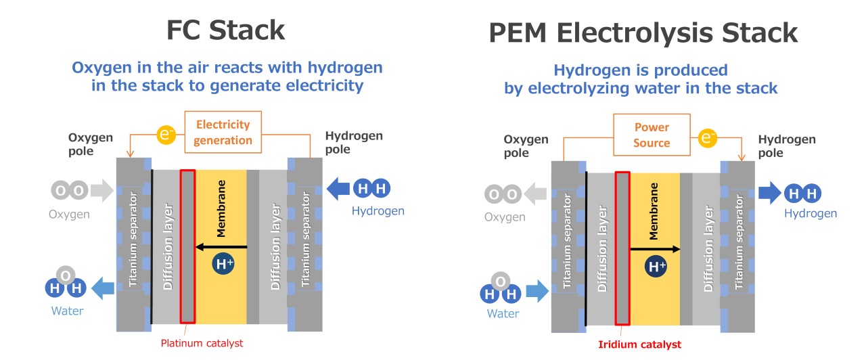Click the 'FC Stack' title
(x=226, y=31)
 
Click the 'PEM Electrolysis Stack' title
(x=643, y=32)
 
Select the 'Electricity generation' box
(x=223, y=132)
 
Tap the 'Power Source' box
(x=652, y=135)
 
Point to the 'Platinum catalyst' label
(x=202, y=343)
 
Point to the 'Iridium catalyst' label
(x=639, y=344)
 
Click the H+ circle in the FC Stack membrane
(x=224, y=264)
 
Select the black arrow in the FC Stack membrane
(x=221, y=247)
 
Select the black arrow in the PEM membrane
(x=655, y=249)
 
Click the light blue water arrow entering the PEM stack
(x=537, y=292)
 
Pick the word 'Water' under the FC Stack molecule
(x=68, y=311)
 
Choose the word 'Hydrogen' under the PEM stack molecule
(x=811, y=214)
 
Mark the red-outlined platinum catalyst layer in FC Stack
(x=187, y=246)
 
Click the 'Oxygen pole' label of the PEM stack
(x=526, y=146)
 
